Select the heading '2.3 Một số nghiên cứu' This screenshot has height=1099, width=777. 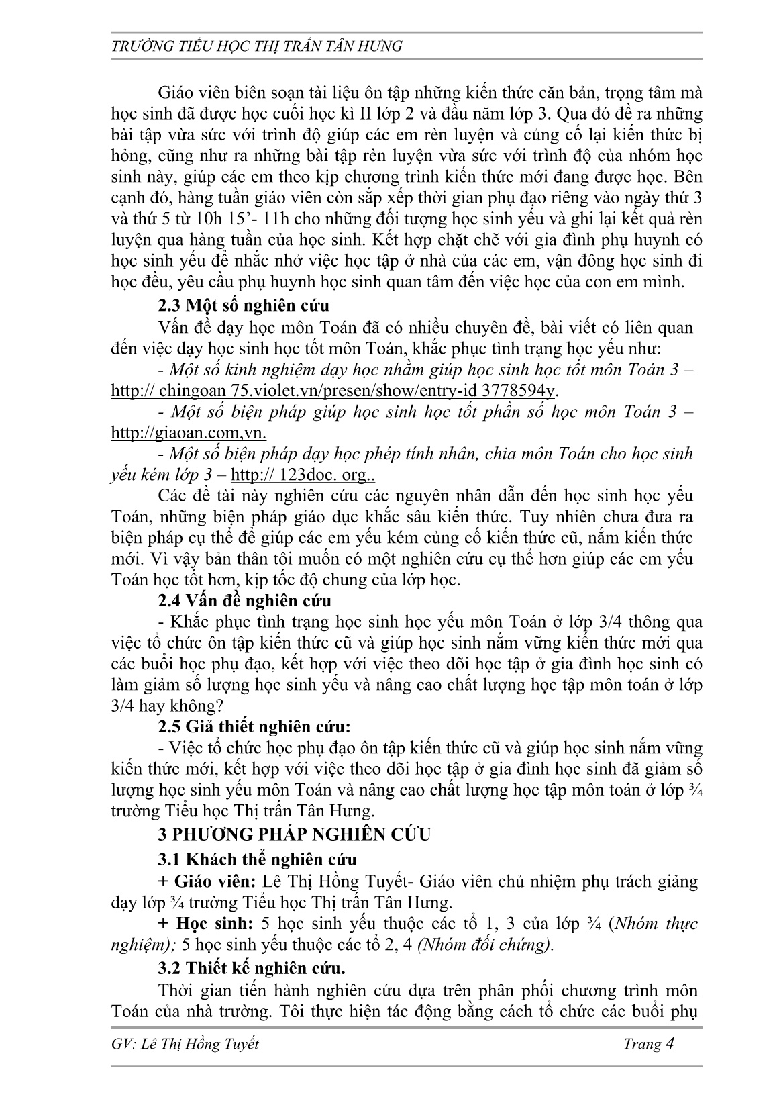[x=244, y=305]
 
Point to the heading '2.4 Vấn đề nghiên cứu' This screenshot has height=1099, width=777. [x=244, y=600]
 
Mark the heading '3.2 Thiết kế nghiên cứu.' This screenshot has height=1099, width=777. [x=252, y=968]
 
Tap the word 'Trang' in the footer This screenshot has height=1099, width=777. [x=642, y=1045]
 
